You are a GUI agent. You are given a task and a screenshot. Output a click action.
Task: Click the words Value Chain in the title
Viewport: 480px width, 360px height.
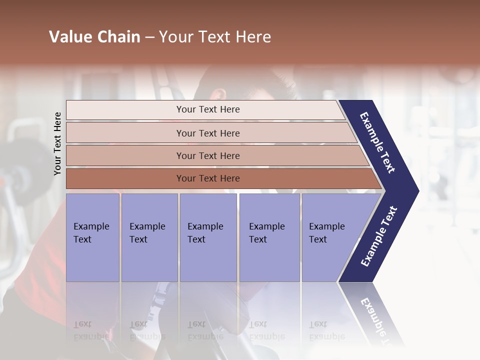coord(94,37)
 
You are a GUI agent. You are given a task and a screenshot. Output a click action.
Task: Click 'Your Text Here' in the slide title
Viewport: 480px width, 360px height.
coord(215,37)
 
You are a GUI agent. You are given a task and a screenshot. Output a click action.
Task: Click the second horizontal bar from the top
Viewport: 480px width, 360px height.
coord(208,133)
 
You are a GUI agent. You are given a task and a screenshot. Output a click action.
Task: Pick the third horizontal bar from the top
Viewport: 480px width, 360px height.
coord(208,155)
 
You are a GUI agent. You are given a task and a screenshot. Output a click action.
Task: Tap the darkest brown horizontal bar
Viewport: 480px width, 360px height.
coord(208,178)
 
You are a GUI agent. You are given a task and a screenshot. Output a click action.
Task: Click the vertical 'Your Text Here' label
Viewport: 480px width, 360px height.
coord(57,143)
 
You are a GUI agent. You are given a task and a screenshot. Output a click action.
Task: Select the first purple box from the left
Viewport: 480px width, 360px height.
coord(92,237)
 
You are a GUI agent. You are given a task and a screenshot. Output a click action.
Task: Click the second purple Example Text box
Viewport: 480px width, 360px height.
coord(149,237)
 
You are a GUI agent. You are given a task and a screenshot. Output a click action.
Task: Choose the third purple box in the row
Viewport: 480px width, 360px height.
coord(208,237)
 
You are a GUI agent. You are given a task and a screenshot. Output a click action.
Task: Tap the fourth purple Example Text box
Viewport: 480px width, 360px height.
coord(269,237)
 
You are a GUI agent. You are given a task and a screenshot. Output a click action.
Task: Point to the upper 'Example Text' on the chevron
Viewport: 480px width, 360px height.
coord(378,142)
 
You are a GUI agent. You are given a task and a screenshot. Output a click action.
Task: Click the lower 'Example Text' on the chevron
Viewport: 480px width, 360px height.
coord(379,236)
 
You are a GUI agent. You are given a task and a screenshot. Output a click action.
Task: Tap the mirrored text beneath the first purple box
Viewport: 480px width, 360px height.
coord(91,330)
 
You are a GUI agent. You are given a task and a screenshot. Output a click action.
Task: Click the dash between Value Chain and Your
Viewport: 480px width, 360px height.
coord(149,37)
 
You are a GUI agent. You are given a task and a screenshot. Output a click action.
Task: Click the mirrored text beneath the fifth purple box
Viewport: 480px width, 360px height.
coord(326,330)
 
